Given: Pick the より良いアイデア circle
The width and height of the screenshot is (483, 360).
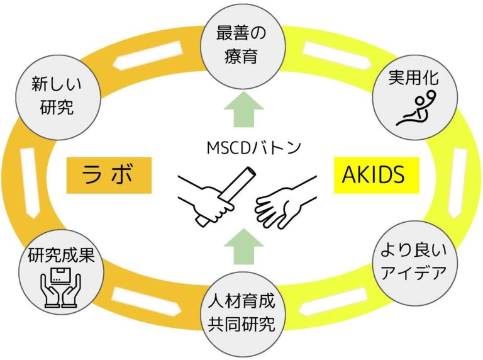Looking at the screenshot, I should coord(414,262).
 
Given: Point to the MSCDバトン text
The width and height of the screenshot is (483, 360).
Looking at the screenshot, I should coord(245,149).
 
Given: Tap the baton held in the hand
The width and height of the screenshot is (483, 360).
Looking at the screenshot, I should coord(225,192).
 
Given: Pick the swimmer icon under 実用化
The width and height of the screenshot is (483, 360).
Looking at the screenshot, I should coord(414,110).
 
